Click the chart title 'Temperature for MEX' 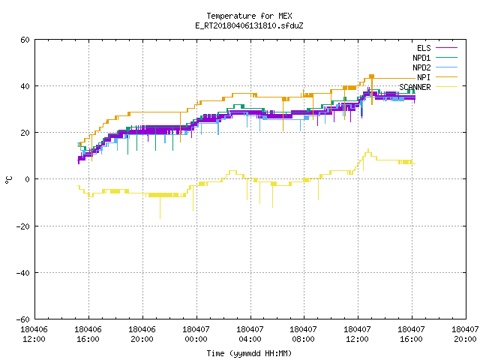pos(249,16)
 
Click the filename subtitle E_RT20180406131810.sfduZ pos(249,25)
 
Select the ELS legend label pos(424,48)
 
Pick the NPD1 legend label pos(421,58)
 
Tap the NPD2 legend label pos(421,67)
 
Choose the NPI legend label pos(424,77)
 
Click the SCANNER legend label pos(415,87)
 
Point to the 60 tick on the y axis pos(25,40)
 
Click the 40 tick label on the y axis pos(25,86)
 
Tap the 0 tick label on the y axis pos(28,179)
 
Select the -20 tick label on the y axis pos(23,226)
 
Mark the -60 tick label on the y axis pos(23,319)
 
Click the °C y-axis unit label pos(9,180)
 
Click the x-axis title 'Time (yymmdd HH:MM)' pos(249,353)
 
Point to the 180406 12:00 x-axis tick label pos(34,334)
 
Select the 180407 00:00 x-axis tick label pos(196,334)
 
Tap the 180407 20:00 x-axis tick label pos(465,334)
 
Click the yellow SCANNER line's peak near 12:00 pos(368,149)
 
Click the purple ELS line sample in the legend pos(446,48)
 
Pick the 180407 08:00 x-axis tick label pos(303,334)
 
